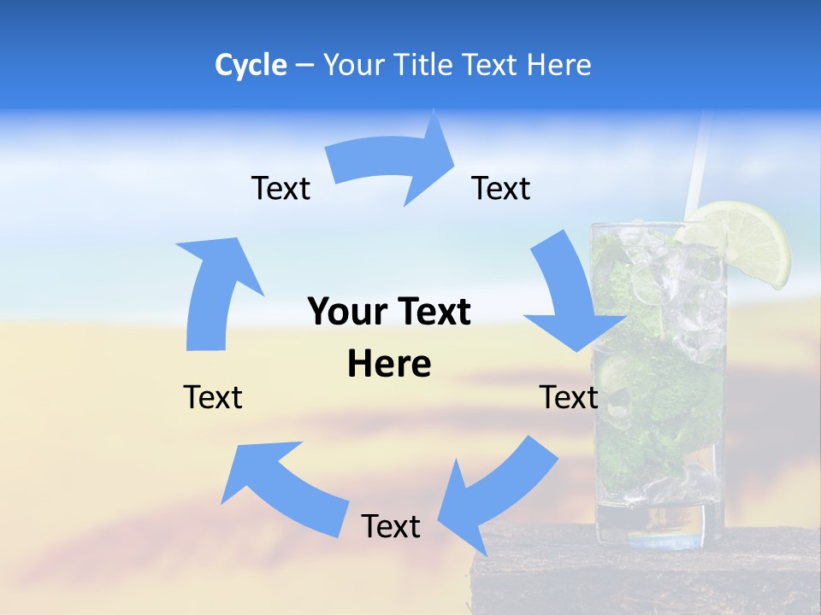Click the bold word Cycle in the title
pyautogui.click(x=251, y=65)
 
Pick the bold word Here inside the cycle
pyautogui.click(x=389, y=364)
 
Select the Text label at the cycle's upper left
pyautogui.click(x=281, y=189)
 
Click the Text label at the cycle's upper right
pyautogui.click(x=501, y=189)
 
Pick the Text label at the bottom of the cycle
pyautogui.click(x=391, y=526)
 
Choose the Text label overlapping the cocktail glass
pyautogui.click(x=569, y=397)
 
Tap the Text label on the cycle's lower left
pyautogui.click(x=213, y=397)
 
